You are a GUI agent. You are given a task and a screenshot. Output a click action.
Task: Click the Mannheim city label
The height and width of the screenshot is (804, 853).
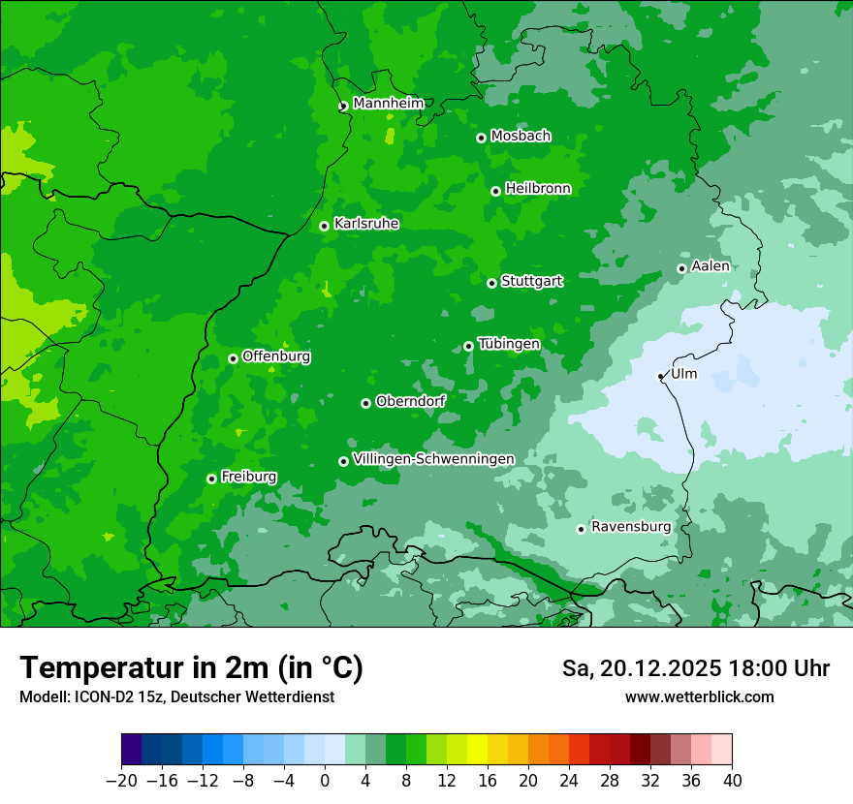(388, 104)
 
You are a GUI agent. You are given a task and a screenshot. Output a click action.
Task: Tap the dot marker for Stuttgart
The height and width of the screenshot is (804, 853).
(491, 283)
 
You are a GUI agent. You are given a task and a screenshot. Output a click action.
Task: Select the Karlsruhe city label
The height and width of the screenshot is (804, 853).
(366, 224)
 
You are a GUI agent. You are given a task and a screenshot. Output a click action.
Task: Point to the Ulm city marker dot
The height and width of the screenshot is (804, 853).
(661, 376)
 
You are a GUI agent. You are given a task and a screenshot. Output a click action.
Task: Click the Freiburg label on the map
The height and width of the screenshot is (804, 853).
(248, 477)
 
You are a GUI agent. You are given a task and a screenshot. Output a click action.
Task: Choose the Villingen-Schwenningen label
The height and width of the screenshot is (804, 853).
(433, 459)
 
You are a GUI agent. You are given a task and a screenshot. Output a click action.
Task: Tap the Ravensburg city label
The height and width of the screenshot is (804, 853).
(631, 527)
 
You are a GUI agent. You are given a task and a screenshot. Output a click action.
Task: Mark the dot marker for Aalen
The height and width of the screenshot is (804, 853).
(681, 268)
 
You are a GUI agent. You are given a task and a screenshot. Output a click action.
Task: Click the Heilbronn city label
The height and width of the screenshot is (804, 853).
(538, 189)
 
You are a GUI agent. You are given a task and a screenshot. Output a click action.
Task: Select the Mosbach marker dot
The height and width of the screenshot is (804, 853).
(481, 138)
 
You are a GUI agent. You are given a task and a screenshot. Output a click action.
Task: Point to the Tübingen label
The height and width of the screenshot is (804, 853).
(509, 344)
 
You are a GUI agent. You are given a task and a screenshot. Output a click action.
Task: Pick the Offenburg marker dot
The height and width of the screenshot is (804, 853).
(233, 358)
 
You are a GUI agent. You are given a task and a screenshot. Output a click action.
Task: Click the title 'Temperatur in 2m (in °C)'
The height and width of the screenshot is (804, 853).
(191, 667)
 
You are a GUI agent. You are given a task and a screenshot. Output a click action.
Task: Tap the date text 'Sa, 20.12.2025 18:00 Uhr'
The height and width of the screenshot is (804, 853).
(695, 668)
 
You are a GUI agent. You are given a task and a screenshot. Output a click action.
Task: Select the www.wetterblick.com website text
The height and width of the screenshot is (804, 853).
(699, 696)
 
